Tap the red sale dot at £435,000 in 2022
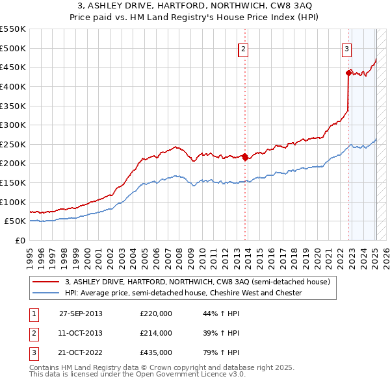click(x=348, y=73)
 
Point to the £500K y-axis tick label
click(x=13, y=48)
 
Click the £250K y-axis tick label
click(x=13, y=144)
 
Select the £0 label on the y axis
click(x=19, y=240)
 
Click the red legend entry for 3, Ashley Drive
click(x=198, y=282)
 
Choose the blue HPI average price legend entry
click(x=183, y=293)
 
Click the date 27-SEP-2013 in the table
click(x=81, y=314)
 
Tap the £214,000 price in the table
click(x=156, y=333)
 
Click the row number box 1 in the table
click(x=33, y=314)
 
